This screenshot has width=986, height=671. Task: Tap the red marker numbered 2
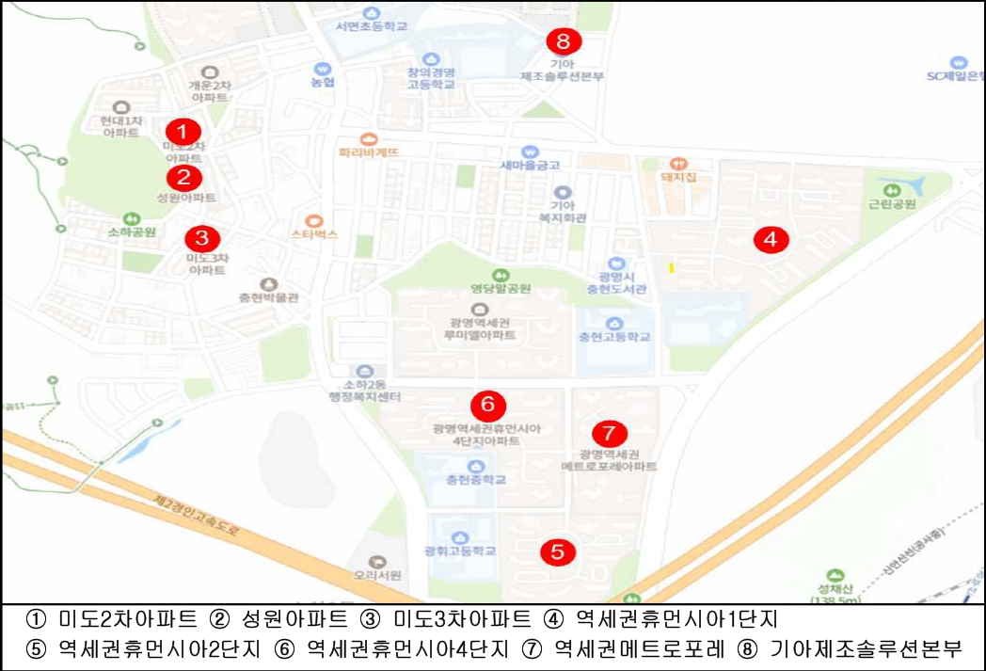(x=183, y=176)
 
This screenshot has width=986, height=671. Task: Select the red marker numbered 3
(x=201, y=237)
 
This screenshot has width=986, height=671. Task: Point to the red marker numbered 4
(x=771, y=239)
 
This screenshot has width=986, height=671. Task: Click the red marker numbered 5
(x=557, y=551)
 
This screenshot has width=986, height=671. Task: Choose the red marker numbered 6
(x=487, y=405)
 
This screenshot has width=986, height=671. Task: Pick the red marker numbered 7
(x=609, y=433)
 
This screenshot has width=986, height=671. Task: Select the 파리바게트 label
(x=369, y=152)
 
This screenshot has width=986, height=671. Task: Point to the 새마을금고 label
(x=530, y=165)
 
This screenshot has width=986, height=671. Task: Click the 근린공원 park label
(x=891, y=202)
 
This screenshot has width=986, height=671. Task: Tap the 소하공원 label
(x=131, y=232)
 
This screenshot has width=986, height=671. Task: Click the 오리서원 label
(x=378, y=574)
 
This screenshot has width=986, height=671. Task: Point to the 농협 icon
(x=323, y=69)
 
